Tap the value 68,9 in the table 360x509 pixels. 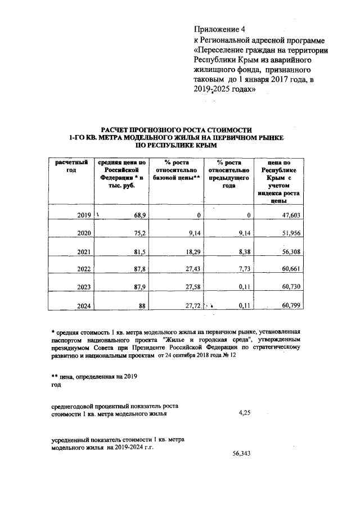[x=138, y=215]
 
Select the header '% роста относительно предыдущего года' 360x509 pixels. [x=228, y=175]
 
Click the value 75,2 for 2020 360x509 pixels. [x=138, y=233]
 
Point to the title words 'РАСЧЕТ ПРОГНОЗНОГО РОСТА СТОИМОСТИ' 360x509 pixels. [x=176, y=130]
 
